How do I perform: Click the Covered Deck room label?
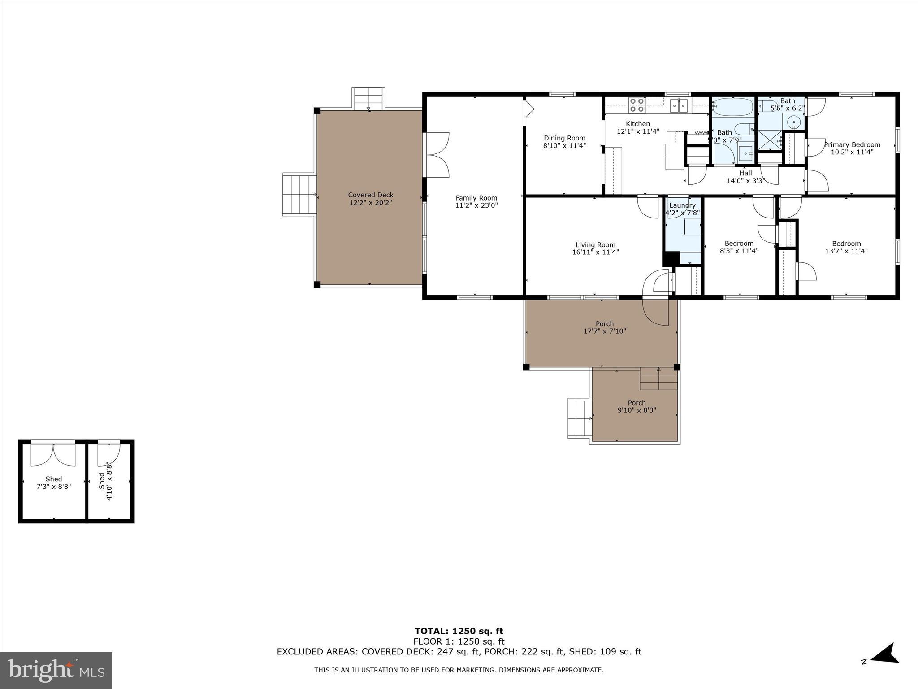click(x=371, y=195)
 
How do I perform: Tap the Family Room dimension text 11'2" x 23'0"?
click(x=476, y=205)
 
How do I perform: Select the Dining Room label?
click(x=564, y=138)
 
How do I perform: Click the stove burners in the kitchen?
click(x=637, y=105)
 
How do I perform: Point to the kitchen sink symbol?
click(x=679, y=106)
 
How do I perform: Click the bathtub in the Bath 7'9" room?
click(x=733, y=107)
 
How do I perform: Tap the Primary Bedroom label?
click(x=852, y=144)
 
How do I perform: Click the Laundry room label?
click(x=682, y=205)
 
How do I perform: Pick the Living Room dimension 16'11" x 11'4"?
click(x=595, y=252)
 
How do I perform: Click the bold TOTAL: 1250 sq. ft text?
click(x=459, y=632)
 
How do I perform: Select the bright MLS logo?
click(x=56, y=671)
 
